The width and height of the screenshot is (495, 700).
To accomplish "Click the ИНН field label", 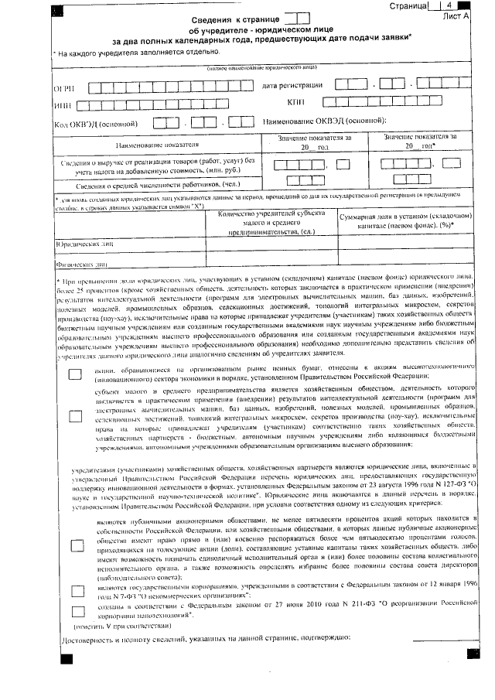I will pyautogui.click(x=62, y=105).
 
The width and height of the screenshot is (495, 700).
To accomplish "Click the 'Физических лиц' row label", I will pyautogui.click(x=80, y=262).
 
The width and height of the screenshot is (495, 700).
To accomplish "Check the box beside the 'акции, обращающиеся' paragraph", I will pyautogui.click(x=75, y=375).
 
